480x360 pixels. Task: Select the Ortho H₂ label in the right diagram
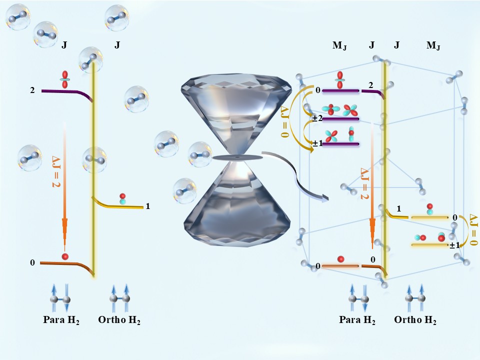415,320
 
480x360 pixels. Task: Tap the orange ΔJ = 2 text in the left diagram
56,170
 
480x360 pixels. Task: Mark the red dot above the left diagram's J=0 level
64,256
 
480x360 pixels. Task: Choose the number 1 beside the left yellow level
148,205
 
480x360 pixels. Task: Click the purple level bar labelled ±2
341,119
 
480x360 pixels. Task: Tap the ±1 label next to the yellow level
454,245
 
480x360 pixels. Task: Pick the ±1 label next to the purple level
317,144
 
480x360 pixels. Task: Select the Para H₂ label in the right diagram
357,320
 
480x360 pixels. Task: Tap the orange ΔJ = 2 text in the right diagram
364,183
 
